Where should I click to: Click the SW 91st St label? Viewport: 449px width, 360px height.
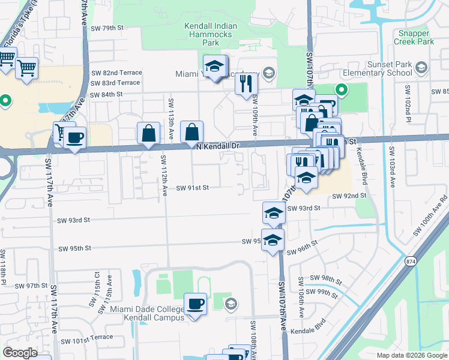tap(192, 188)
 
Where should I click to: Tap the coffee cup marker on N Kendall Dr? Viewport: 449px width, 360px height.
tap(75, 137)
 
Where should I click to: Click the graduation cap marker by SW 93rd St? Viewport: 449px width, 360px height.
tap(273, 212)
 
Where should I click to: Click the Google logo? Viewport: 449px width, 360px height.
tap(20, 353)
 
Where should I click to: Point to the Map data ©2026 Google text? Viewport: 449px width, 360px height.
tap(411, 355)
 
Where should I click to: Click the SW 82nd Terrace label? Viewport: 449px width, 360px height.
tap(116, 72)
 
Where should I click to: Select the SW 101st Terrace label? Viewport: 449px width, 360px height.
tap(87, 337)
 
